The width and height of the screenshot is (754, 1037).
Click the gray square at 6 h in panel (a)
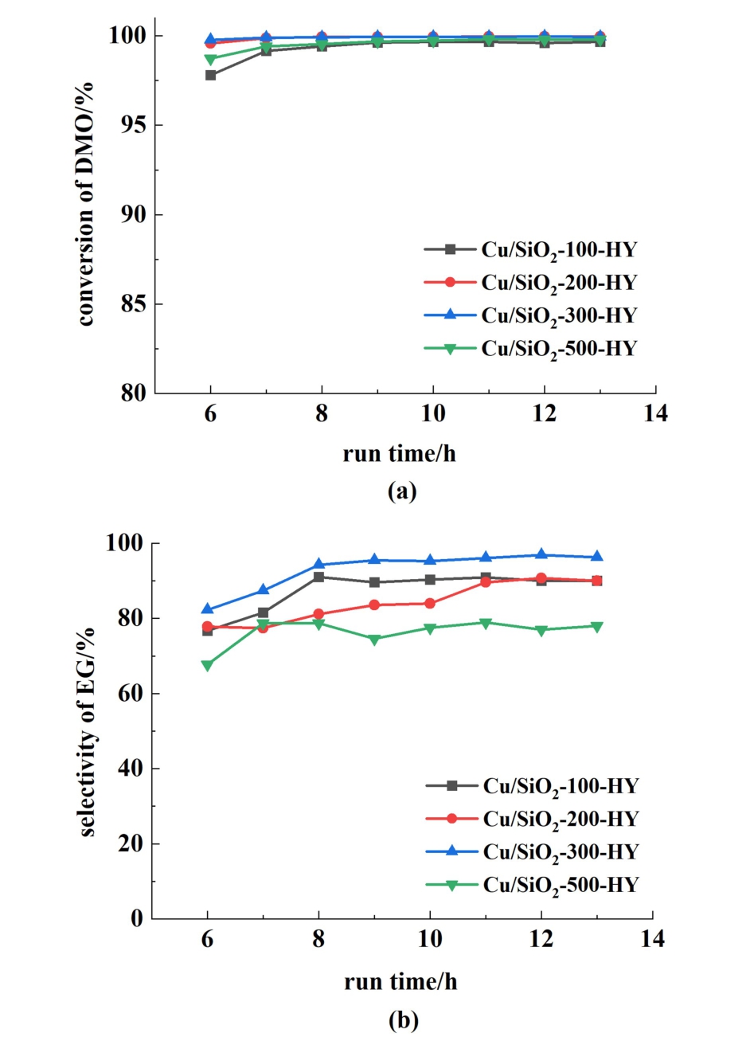pyautogui.click(x=211, y=75)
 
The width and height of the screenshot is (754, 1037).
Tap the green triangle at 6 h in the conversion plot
pyautogui.click(x=211, y=60)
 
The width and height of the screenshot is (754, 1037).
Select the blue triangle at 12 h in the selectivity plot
pyautogui.click(x=541, y=554)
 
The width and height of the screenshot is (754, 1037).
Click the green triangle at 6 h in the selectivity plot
pyautogui.click(x=208, y=665)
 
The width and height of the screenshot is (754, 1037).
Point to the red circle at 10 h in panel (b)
pyautogui.click(x=430, y=604)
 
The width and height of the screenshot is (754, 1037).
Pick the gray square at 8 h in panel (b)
pyautogui.click(x=318, y=577)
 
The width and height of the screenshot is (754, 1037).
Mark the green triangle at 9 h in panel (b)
pyautogui.click(x=374, y=639)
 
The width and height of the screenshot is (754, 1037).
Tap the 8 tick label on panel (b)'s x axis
pyautogui.click(x=318, y=940)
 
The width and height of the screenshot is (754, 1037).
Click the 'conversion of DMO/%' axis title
pyautogui.click(x=85, y=203)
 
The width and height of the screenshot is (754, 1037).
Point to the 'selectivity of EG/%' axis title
pyautogui.click(x=87, y=731)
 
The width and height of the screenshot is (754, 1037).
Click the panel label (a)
pyautogui.click(x=402, y=491)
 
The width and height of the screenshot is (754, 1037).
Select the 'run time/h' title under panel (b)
pyautogui.click(x=400, y=981)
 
